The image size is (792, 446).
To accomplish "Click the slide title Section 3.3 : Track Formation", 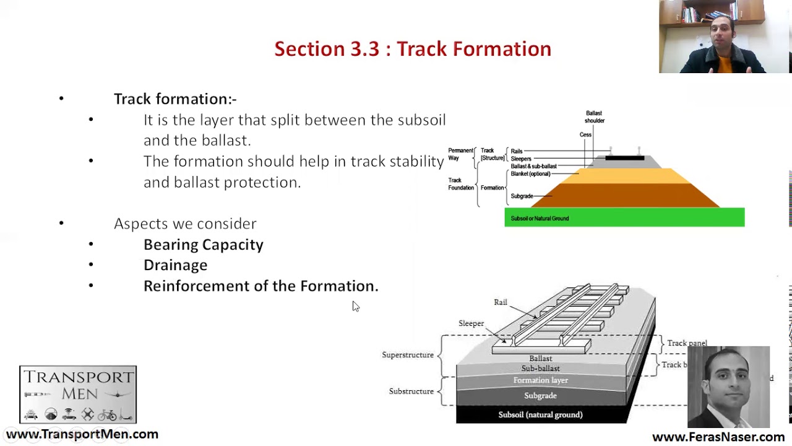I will tap(413, 49).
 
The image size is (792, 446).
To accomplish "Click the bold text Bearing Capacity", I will tap(203, 245).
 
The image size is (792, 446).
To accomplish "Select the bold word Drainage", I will tap(175, 265).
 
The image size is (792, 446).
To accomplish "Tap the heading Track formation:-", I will tap(175, 99).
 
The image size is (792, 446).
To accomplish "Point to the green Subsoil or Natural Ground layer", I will tap(624, 217).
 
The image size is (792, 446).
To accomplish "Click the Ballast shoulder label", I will tap(594, 116).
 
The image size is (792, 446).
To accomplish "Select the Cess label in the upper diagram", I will tap(585, 134).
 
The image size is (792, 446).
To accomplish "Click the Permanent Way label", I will tap(460, 154).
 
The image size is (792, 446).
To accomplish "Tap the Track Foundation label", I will tap(460, 184).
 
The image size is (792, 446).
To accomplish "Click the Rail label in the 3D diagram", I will tap(501, 302).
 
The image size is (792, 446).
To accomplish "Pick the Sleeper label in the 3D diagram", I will tap(471, 323).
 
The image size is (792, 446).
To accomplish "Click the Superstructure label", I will tap(407, 355).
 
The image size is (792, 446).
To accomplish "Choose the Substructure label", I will tap(411, 391).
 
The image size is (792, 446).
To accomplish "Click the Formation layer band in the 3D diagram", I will tap(540, 380).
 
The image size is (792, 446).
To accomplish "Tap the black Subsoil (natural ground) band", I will tap(540, 414).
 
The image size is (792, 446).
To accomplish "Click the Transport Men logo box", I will tap(78, 394).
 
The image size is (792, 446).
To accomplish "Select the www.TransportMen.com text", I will tap(82, 434).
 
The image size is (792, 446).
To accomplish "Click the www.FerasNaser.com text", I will tap(718, 437).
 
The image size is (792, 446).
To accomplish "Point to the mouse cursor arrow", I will tap(355, 306).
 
